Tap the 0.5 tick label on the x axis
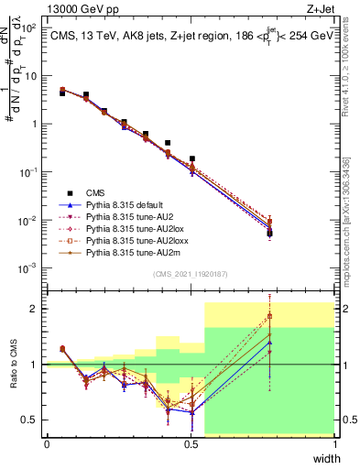coord(191,444)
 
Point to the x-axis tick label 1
coord(335,444)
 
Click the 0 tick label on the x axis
coord(47,444)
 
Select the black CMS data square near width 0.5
coord(192,158)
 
